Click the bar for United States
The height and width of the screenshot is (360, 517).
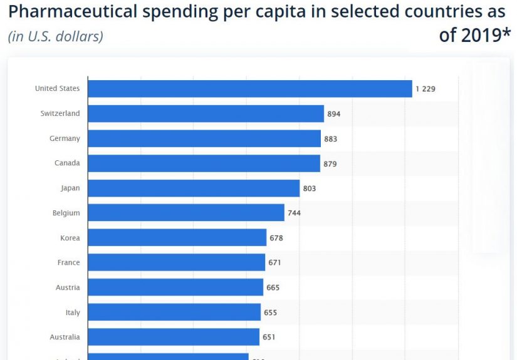point(249,89)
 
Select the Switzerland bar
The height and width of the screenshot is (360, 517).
point(206,114)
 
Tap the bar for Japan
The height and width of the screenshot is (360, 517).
point(194,188)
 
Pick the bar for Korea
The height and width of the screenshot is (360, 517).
point(177,238)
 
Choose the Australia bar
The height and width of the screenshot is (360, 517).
point(174,337)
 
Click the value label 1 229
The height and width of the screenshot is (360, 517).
point(425,89)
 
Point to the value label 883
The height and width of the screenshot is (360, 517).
point(330,139)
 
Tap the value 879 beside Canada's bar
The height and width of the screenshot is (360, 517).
point(330,163)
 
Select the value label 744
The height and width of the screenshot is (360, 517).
point(294,213)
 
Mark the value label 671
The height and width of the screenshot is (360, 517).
point(274,262)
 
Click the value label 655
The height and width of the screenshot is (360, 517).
point(270,312)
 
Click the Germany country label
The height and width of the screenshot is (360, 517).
point(65,138)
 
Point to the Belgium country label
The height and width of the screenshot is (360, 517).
point(66,213)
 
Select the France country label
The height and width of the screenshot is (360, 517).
point(68,262)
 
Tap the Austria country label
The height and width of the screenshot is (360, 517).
point(67,287)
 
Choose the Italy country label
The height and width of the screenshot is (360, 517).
point(73,312)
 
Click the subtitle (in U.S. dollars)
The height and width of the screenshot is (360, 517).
point(55,36)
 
